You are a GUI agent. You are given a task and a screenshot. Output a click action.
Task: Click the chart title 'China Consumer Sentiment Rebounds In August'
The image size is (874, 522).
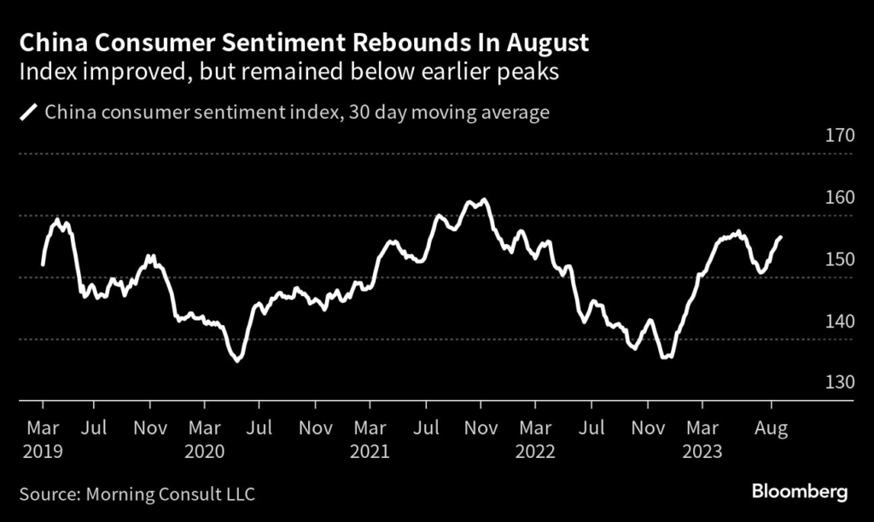[304, 43]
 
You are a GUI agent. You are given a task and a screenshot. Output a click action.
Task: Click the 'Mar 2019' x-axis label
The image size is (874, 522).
[42, 438]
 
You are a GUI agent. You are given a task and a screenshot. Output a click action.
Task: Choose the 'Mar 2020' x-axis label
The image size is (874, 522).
[205, 438]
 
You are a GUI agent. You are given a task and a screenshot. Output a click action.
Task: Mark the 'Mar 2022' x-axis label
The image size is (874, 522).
[535, 438]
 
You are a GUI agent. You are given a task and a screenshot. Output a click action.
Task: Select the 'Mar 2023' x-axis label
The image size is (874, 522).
[702, 438]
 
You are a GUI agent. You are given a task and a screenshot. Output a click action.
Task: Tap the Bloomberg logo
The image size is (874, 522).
[800, 491]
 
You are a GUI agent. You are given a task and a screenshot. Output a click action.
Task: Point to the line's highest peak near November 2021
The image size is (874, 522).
[485, 200]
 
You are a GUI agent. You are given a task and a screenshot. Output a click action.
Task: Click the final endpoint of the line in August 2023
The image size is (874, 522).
[781, 237]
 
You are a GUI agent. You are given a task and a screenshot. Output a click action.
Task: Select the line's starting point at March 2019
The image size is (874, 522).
[43, 264]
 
